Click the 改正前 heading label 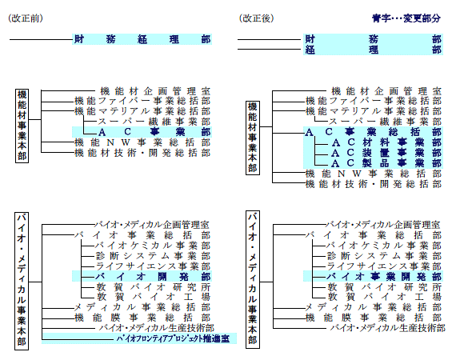26,18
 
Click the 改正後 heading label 257,18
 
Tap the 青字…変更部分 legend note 406,18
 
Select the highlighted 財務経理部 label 142,39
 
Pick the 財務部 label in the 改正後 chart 374,39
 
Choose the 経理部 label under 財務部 374,50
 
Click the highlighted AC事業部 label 154,132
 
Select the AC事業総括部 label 374,132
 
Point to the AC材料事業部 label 386,142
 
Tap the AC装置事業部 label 386,153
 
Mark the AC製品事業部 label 386,163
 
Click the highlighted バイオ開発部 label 154,276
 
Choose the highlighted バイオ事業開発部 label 385,276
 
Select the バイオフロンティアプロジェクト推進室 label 173,338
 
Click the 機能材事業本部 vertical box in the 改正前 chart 22,126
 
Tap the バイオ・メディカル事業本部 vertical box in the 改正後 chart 253,280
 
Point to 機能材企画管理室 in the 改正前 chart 155,91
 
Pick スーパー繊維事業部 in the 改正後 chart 386,122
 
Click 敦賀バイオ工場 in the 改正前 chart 154,297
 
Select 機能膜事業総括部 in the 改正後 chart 374,318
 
